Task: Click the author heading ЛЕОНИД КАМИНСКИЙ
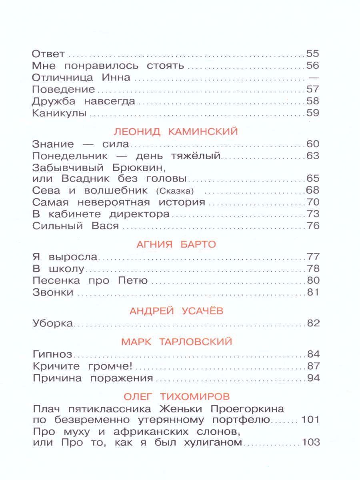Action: coord(176,131)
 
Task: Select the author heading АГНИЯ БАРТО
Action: coord(176,244)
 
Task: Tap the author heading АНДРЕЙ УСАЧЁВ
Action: coord(176,310)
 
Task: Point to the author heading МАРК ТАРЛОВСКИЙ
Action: coord(176,342)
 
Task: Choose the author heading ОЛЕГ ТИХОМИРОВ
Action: coord(176,396)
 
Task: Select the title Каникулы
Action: coord(59,113)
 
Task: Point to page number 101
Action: coord(309,420)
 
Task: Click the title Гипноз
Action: coord(52,354)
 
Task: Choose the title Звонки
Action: coord(52,292)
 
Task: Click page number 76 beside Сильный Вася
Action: coord(312,226)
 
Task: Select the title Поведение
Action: coord(63,89)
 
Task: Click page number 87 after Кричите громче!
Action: coord(312,366)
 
